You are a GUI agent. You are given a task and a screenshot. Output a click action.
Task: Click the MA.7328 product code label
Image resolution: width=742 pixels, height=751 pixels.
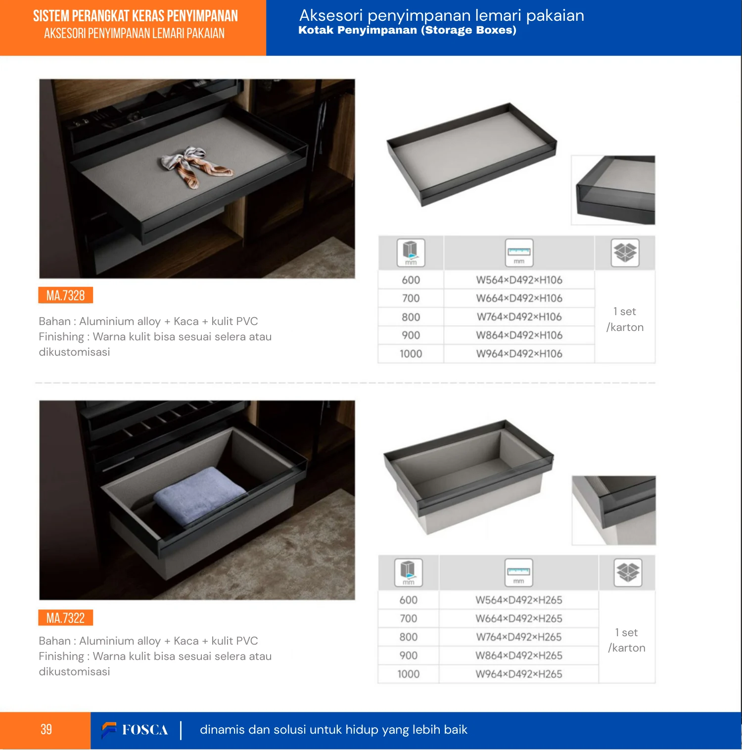[x=66, y=295]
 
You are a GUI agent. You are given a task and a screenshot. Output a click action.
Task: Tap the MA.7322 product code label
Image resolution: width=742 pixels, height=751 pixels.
[x=66, y=618]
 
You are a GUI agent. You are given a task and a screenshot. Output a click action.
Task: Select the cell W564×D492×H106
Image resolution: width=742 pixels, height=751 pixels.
[x=519, y=280]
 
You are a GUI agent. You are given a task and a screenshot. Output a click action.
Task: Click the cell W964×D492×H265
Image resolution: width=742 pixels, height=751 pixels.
[x=519, y=674]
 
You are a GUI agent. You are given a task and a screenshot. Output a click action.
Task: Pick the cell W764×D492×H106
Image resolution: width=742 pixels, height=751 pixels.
[x=519, y=317]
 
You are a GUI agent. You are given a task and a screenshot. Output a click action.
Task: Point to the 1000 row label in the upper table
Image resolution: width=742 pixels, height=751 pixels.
[x=411, y=354]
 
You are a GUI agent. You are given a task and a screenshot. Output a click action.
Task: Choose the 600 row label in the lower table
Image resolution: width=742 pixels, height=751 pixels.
[x=409, y=600]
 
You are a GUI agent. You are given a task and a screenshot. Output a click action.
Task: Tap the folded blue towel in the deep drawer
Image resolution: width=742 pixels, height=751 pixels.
[x=199, y=495]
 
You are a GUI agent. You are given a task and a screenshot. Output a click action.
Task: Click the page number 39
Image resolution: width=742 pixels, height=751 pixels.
[x=46, y=729]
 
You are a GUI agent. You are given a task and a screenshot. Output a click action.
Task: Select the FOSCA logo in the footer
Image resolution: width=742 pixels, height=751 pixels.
[x=135, y=730]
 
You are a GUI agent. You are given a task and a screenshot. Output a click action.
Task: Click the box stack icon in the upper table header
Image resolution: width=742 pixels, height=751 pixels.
[x=625, y=253]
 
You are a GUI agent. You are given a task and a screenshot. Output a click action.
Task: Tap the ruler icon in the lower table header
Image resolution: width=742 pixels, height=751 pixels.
[x=518, y=572]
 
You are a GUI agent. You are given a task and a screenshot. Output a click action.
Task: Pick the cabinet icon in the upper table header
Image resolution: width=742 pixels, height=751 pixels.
[x=411, y=253]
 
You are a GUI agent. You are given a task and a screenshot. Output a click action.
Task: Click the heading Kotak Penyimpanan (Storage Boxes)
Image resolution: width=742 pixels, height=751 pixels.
[x=407, y=30]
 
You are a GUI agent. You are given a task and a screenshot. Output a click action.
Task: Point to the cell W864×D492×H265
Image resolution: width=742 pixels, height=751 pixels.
[x=519, y=656]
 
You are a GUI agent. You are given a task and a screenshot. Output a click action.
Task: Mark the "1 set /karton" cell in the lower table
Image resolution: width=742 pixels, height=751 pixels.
[x=627, y=640]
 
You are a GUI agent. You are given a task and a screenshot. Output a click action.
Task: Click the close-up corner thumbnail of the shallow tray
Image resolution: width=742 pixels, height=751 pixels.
[x=613, y=190]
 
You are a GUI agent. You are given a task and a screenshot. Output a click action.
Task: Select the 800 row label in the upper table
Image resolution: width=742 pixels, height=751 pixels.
[x=411, y=317]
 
